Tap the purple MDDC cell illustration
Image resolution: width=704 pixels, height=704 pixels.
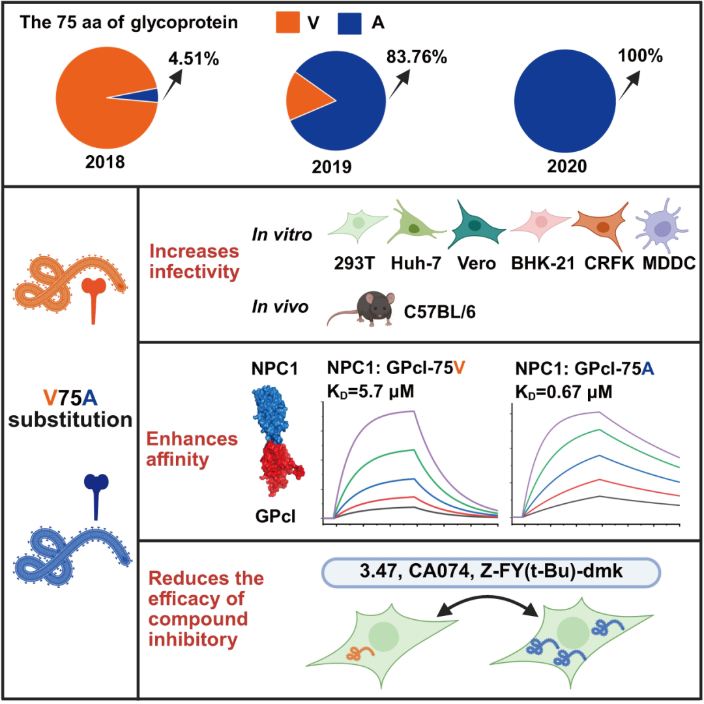(x=660, y=227)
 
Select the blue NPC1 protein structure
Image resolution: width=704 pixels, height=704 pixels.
(x=276, y=415)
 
